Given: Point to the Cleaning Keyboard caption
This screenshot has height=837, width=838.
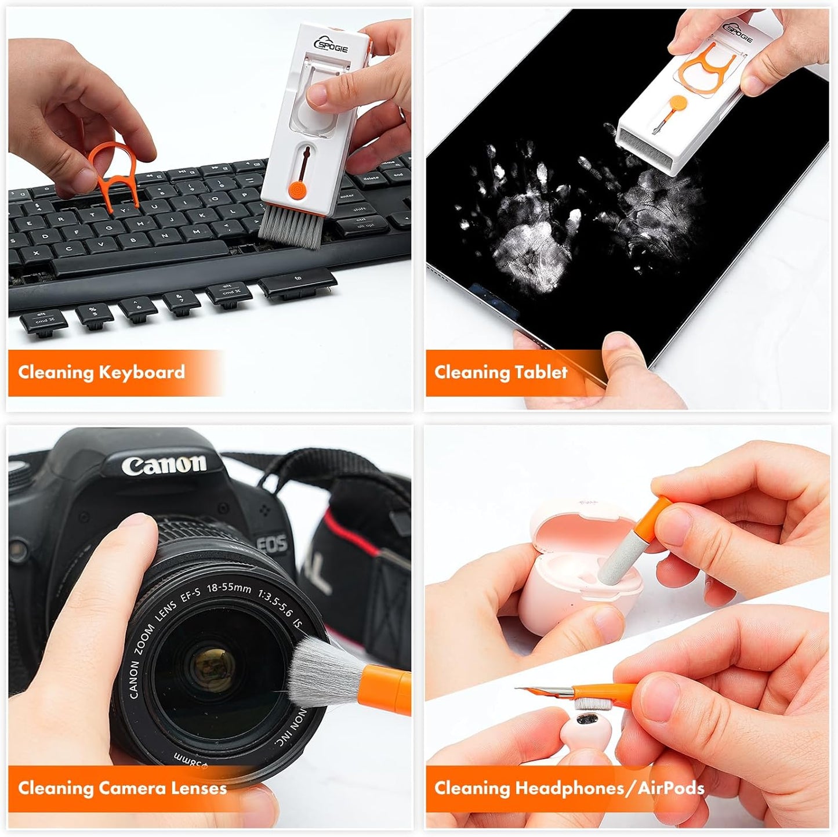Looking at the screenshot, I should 101,372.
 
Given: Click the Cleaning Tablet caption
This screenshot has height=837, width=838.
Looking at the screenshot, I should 500,372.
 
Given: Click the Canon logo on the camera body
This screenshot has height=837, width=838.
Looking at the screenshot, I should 164,464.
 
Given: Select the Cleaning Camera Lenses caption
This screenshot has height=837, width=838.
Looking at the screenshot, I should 122,788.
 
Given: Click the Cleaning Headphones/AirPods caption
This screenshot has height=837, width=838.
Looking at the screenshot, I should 569,788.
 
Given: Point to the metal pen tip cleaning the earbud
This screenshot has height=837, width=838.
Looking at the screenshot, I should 534,690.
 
